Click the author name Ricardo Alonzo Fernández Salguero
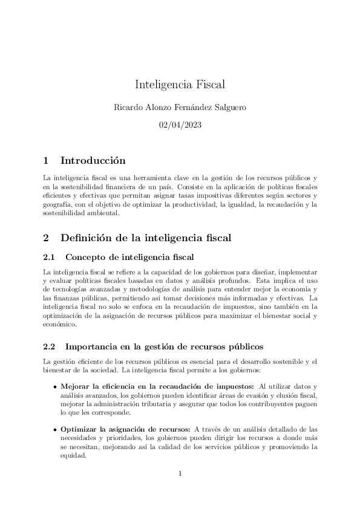(180, 107)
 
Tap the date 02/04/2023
(180, 125)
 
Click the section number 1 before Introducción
(46, 161)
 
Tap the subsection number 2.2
(50, 347)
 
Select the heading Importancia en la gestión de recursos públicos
(164, 347)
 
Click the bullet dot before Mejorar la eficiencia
(55, 386)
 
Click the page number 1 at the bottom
(180, 473)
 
